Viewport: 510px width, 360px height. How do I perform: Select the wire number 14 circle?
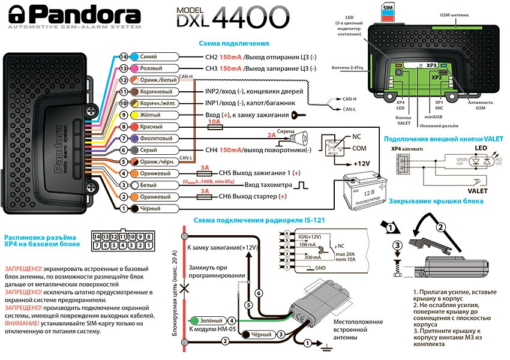click(124, 56)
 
